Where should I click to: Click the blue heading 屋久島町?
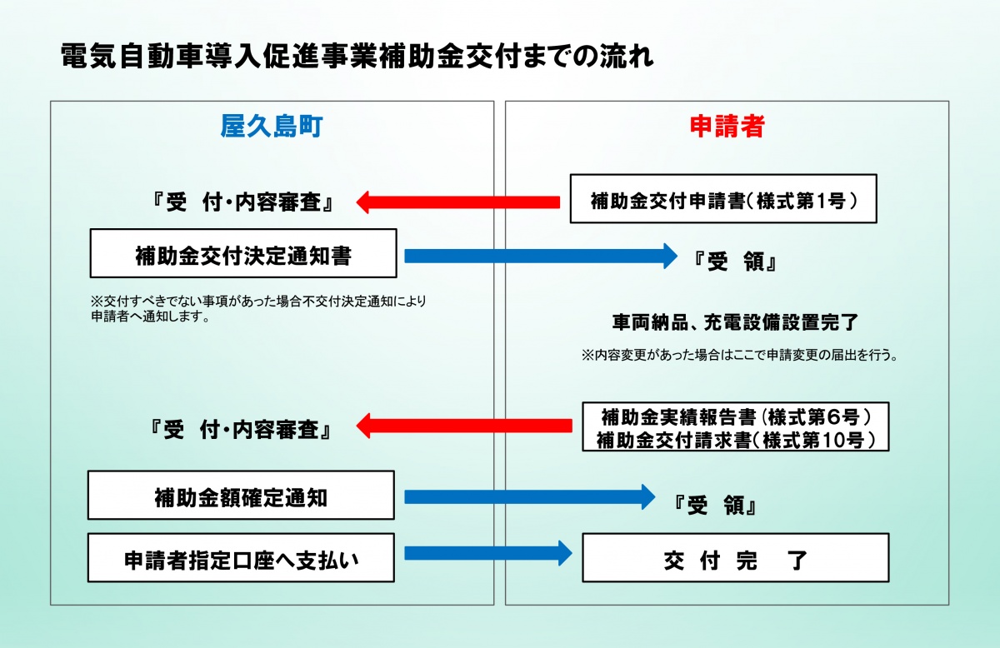coord(272,127)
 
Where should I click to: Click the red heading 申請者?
coord(727,127)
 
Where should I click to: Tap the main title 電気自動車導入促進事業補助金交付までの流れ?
coord(357,57)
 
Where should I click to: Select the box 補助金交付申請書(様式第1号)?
coord(723,198)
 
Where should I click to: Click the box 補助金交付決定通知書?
coord(243,253)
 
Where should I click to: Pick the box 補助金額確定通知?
coord(241,495)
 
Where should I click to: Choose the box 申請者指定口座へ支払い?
coord(241,557)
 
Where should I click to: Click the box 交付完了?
coord(736,557)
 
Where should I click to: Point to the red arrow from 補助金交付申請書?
coord(458,202)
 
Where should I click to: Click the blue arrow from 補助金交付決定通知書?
coord(541,257)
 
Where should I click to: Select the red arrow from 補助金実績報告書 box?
coord(464,426)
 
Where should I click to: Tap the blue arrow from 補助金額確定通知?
coord(530,496)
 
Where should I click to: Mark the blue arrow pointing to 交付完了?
coord(488,553)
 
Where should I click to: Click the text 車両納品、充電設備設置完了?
coord(735,322)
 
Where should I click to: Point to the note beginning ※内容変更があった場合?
coord(739,356)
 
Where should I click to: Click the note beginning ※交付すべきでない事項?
coord(258,308)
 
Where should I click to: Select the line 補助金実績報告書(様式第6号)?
coord(736,417)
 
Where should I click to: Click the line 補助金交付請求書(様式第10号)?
coord(736,440)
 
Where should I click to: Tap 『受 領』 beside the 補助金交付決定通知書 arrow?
coord(735,262)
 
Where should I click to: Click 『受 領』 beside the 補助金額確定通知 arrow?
coord(714,506)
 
